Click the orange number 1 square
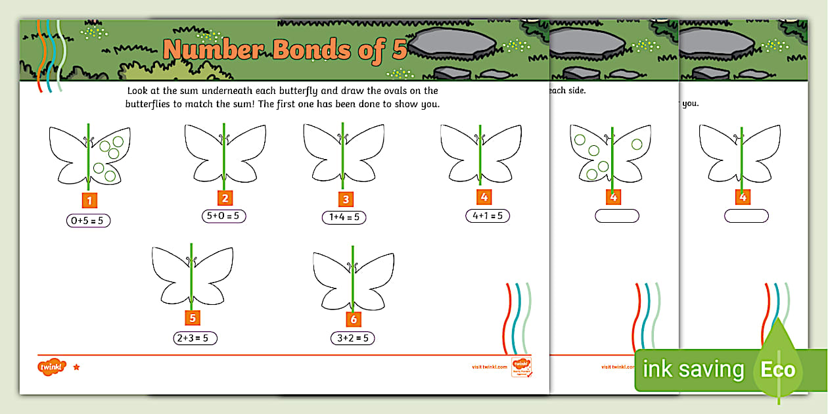89,200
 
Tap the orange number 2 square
225,198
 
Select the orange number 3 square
345,200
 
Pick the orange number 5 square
192,318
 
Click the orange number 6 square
354,319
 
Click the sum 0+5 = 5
88,221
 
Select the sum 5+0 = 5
224,216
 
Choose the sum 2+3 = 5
192,338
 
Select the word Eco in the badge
778,369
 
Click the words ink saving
693,370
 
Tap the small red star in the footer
76,367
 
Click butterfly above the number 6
354,279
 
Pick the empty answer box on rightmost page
746,216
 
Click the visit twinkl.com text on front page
490,367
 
